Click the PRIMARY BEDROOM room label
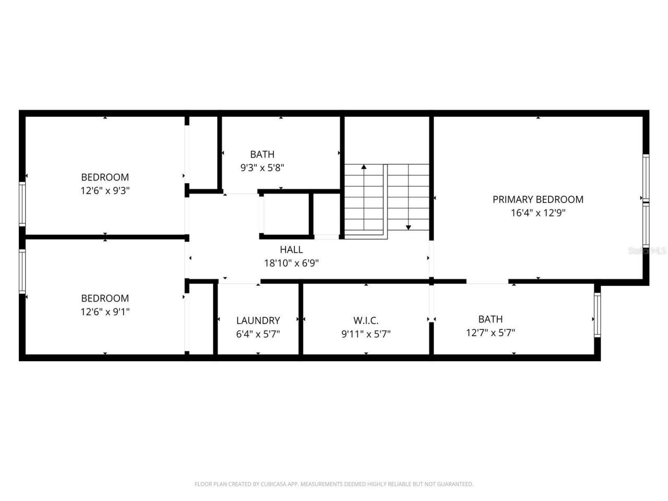(538, 199)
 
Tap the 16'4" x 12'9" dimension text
(538, 213)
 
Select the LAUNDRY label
(258, 320)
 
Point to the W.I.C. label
(366, 320)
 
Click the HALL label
(291, 249)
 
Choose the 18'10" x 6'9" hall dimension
(291, 263)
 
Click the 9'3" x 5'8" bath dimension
(262, 168)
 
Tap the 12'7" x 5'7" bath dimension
(490, 332)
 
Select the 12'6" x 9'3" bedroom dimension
(105, 190)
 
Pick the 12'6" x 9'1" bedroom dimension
(105, 312)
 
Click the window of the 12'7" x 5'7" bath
(597, 315)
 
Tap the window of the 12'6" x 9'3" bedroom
(22, 204)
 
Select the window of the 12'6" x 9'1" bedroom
(22, 271)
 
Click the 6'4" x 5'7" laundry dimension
(258, 334)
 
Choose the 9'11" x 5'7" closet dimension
(366, 334)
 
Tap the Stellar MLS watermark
(647, 250)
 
